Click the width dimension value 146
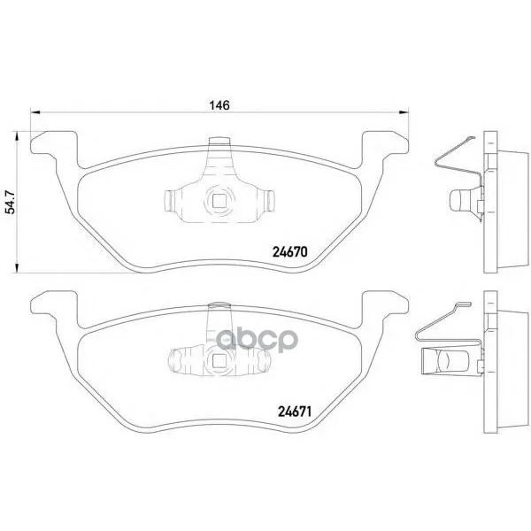[219, 105]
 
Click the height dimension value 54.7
[12, 202]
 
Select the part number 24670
[290, 252]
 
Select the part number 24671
[295, 412]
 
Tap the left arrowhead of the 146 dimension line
[35, 112]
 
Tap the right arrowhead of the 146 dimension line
[404, 112]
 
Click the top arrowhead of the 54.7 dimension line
[16, 136]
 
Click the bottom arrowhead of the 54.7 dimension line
[16, 267]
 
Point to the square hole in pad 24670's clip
[219, 201]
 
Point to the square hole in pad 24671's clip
[219, 360]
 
